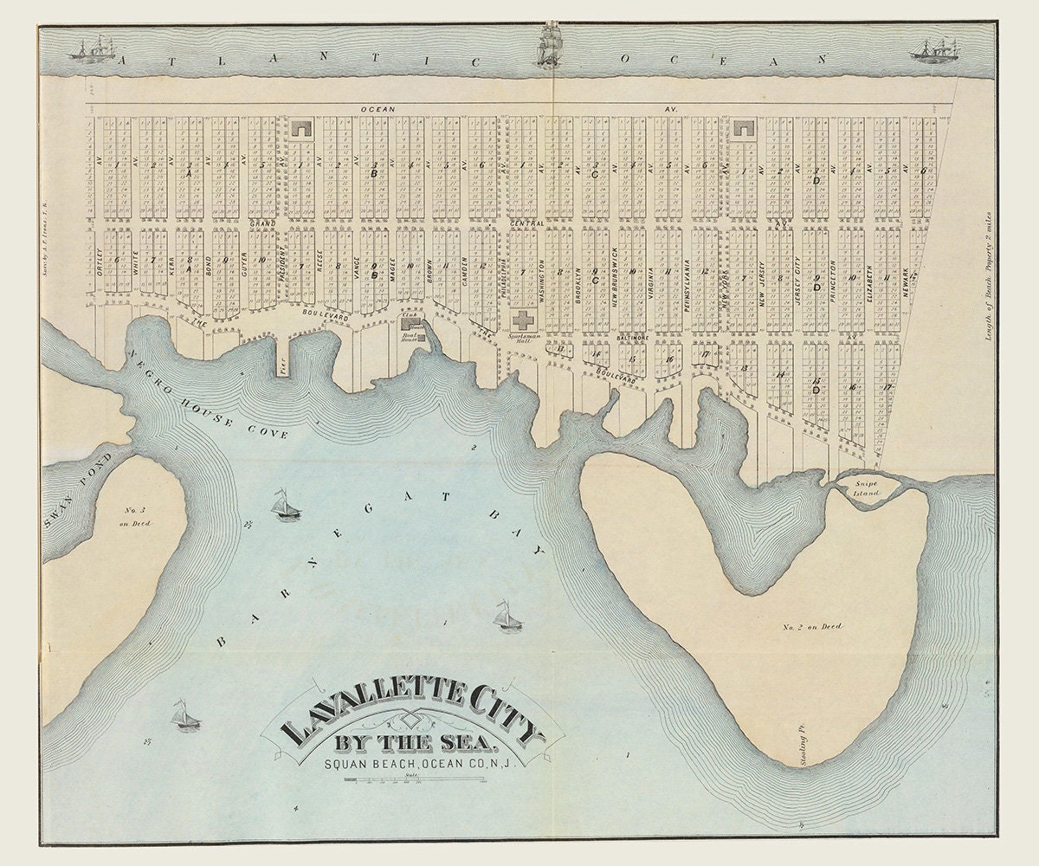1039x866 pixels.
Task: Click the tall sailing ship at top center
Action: (x=546, y=46)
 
